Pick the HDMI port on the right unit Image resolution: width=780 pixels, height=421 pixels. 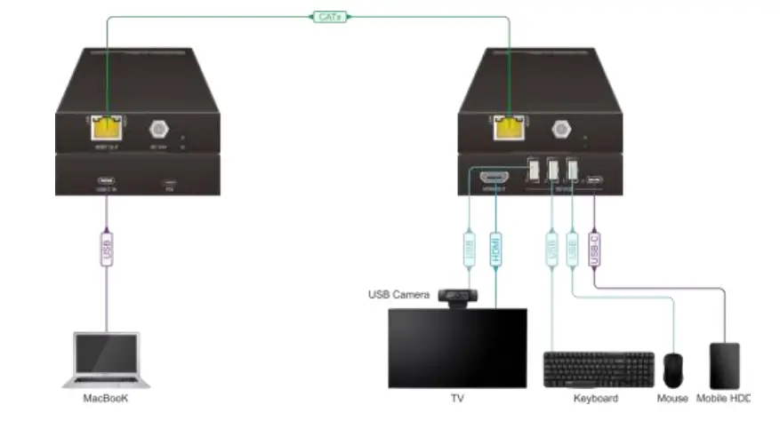495,176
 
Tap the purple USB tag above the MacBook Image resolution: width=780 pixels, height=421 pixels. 106,250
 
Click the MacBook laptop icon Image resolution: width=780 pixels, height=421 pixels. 105,360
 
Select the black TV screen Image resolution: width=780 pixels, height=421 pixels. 457,348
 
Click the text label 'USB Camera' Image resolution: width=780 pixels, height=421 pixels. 399,295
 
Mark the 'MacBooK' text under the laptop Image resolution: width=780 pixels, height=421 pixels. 105,399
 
